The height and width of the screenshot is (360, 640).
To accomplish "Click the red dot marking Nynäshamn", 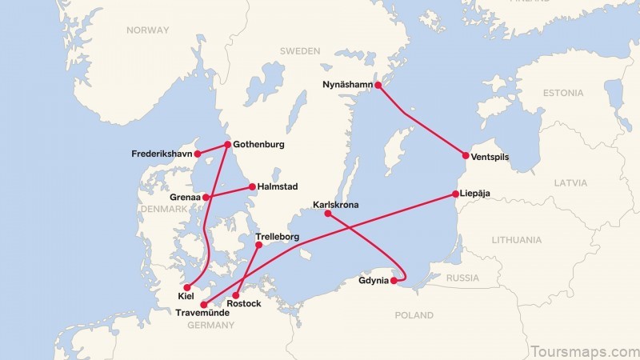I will click(379, 85).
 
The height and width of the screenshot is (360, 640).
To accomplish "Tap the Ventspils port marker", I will click(466, 156).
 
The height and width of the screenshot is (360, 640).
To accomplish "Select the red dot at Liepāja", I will click(455, 194).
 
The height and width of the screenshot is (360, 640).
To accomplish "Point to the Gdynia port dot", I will click(394, 281).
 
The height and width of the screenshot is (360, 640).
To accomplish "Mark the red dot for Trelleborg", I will click(258, 246).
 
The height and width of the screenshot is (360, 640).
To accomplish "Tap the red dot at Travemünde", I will click(203, 305).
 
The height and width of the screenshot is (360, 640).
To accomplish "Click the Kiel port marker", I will click(187, 287).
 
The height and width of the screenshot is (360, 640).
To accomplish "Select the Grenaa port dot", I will click(206, 197).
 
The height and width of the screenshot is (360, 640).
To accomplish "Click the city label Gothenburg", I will click(260, 145).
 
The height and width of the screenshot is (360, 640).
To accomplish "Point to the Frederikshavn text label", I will click(162, 153).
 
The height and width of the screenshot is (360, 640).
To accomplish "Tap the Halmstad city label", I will click(278, 186).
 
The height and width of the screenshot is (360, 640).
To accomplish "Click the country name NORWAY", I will click(147, 30).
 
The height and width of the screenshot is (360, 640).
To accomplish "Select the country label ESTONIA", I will click(563, 93).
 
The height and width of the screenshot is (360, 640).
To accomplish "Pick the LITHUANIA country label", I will click(517, 239).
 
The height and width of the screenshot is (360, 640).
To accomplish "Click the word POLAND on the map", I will click(414, 315).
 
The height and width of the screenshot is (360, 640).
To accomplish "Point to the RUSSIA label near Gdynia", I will click(462, 278).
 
